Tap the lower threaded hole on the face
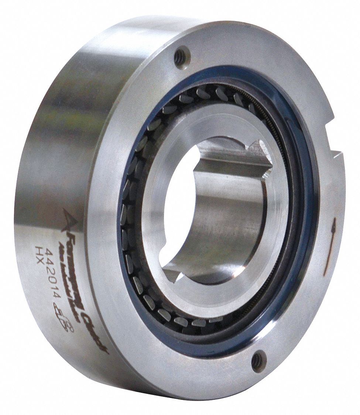pos(258,360)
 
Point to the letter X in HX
pos(38,257)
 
